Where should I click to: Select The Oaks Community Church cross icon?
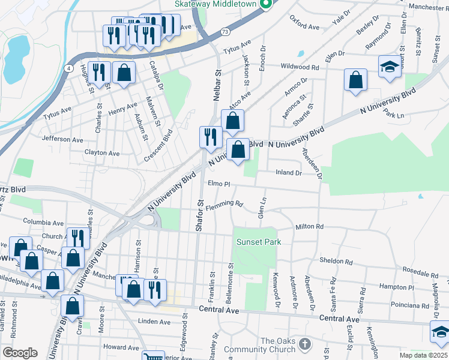[x=305, y=344]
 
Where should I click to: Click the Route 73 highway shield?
[x=224, y=32]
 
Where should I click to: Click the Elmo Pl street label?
[x=219, y=183]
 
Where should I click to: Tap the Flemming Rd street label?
[x=224, y=206]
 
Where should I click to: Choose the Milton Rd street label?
[x=309, y=227]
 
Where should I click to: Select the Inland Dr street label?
[x=288, y=173]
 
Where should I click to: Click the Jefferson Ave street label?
[x=62, y=139]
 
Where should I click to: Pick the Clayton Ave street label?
[x=101, y=153]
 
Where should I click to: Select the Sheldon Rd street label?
[x=336, y=261]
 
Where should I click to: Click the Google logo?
[x=20, y=353]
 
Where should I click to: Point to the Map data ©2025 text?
[x=424, y=355]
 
